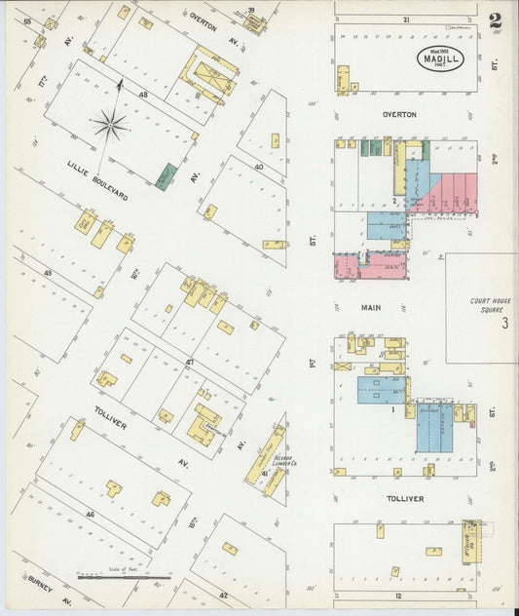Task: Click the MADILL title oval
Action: tap(441, 58)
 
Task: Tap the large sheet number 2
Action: tap(496, 21)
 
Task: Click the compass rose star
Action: tap(110, 124)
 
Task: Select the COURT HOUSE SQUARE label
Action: tap(490, 306)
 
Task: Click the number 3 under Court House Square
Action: tap(504, 324)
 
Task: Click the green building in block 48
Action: tap(167, 176)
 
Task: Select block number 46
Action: tap(90, 513)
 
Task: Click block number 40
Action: tap(258, 167)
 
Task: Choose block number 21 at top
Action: tap(406, 19)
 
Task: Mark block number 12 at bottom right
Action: tap(398, 595)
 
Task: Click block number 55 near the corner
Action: tap(27, 21)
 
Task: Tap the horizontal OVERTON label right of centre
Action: tap(399, 114)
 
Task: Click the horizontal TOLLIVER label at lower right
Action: tap(404, 498)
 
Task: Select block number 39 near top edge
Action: tap(251, 10)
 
